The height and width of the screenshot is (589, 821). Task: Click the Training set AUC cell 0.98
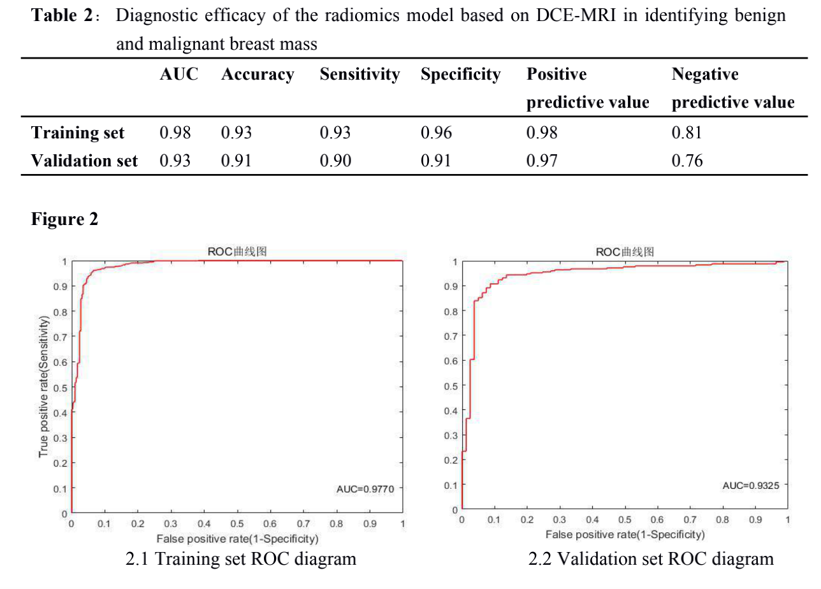(175, 133)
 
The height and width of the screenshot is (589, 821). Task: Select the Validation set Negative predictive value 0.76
(687, 161)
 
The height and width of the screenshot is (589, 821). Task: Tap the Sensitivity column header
(360, 75)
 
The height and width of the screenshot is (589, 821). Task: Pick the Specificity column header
(460, 75)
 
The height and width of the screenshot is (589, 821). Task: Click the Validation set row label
(84, 161)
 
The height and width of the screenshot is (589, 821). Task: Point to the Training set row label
(78, 133)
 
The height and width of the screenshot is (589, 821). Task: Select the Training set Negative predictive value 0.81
(687, 133)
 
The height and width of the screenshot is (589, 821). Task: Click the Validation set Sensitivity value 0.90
(335, 161)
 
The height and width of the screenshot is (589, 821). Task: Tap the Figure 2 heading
(64, 220)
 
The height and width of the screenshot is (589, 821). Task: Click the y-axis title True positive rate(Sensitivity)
(44, 388)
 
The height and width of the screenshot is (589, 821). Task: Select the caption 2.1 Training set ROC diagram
(241, 559)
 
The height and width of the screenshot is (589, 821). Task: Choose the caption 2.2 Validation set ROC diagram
(651, 559)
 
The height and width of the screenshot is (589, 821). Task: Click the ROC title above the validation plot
(625, 252)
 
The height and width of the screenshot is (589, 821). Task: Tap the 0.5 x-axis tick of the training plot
(237, 524)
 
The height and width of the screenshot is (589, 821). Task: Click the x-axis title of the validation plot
(625, 534)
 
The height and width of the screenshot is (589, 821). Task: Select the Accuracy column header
(258, 75)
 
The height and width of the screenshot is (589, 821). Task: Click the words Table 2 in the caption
(62, 16)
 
